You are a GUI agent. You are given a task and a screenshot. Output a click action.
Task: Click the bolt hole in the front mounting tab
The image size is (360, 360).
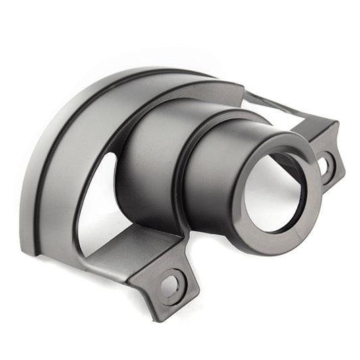pos(170,284)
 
